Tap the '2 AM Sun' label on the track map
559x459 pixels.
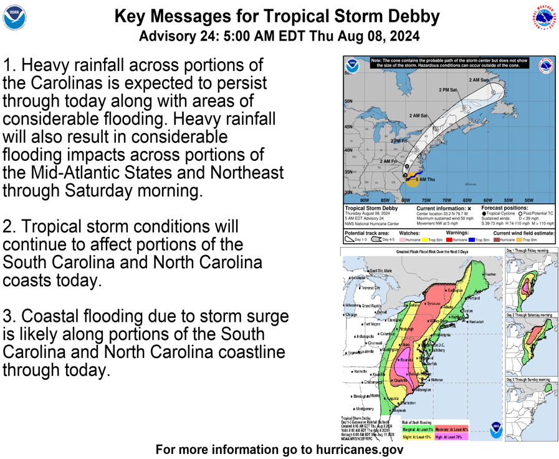pos(479,80)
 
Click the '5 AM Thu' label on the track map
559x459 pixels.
pos(425,180)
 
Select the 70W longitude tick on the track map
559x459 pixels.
pos(446,200)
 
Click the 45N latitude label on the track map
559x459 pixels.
pos(348,127)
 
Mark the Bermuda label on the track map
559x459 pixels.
pos(474,184)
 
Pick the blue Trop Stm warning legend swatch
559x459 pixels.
pos(471,239)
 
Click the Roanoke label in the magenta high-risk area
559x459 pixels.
pos(406,360)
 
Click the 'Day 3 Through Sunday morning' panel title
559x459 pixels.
pos(528,380)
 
